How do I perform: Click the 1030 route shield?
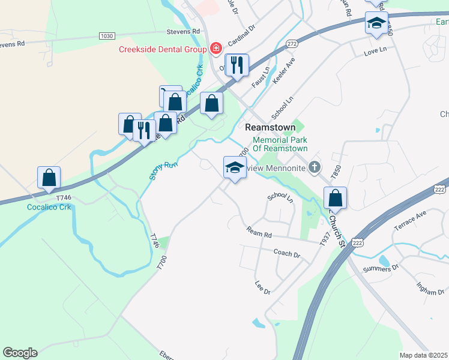coord(107,36)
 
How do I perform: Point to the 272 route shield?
coord(292,44)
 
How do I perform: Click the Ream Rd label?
coord(259,231)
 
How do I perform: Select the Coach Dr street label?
coord(286,254)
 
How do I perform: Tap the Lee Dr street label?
coord(263,287)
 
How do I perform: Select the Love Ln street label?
coord(376,54)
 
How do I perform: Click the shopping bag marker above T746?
coord(49,178)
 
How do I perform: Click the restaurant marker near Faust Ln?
coord(237,65)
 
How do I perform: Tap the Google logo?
coord(20,353)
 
